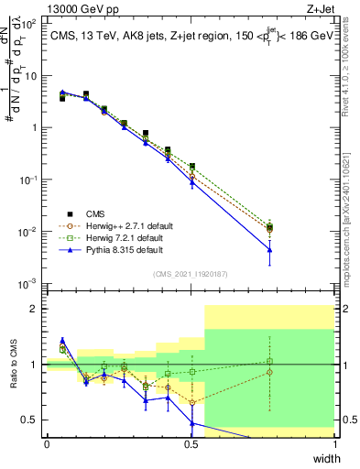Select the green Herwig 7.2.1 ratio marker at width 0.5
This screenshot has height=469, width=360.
coord(191,372)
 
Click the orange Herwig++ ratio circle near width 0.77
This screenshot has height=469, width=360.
coord(269,372)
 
